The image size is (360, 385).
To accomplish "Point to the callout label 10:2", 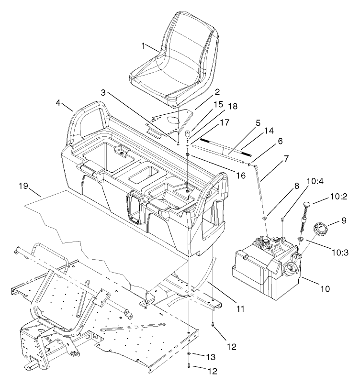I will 338,197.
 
